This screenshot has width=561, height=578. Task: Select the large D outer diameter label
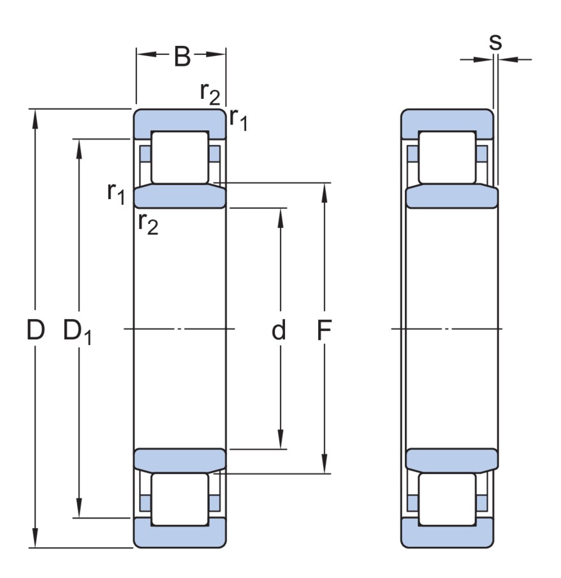tap(36, 330)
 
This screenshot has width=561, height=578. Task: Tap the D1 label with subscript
tap(77, 332)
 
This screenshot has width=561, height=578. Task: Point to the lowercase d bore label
tap(279, 330)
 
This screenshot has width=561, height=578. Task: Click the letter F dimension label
tap(324, 330)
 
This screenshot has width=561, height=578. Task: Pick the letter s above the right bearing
tap(495, 41)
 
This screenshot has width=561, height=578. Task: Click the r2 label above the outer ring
tap(210, 93)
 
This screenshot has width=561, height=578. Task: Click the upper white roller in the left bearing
tap(179, 157)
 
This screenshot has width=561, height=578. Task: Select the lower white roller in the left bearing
tap(179, 499)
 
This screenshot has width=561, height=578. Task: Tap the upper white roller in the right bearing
tap(447, 157)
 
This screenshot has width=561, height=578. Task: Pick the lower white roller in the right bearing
tap(447, 499)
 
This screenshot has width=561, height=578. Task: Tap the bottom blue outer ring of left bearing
tap(179, 536)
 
